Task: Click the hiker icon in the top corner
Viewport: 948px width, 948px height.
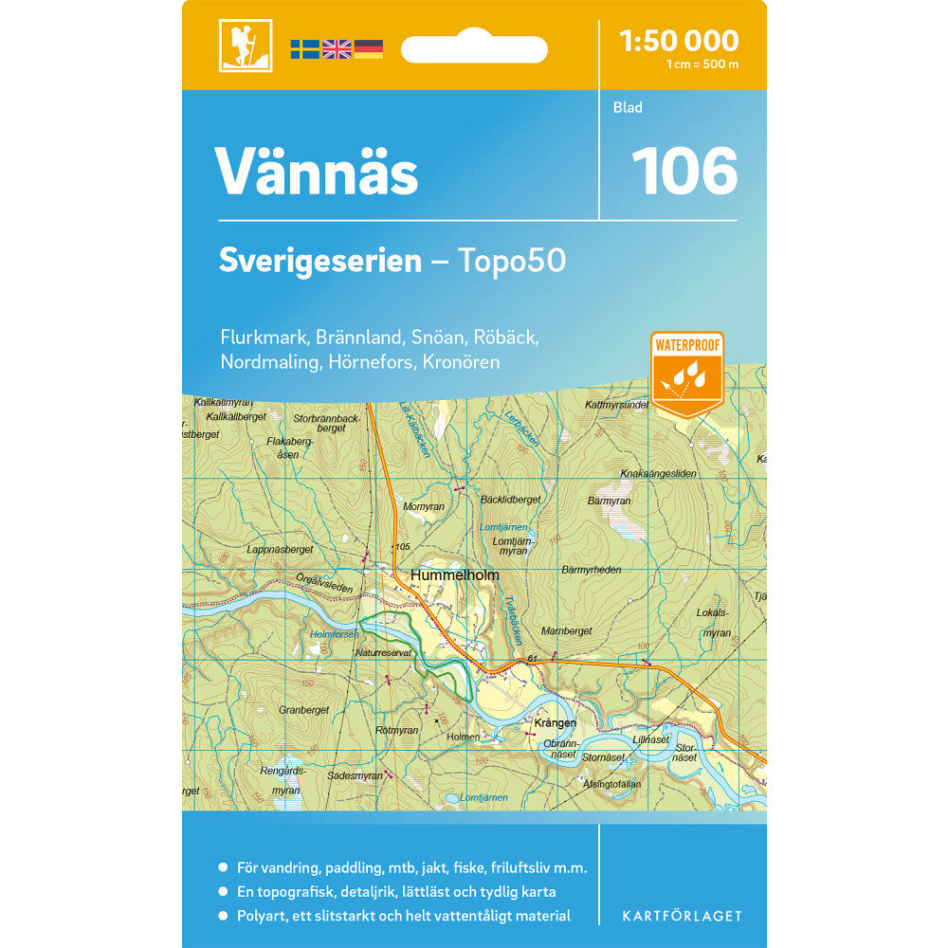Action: tap(245, 45)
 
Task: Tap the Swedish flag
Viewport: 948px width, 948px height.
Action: tap(305, 49)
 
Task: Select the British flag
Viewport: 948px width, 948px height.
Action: tap(337, 49)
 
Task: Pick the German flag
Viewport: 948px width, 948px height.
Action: tap(369, 49)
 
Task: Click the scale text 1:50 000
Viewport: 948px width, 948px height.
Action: tap(678, 41)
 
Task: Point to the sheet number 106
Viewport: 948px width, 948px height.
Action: tap(684, 171)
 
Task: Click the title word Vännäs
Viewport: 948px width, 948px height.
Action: tap(317, 172)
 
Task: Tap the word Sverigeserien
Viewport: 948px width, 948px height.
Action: tap(320, 261)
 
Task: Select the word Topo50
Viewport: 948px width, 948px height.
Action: tap(512, 261)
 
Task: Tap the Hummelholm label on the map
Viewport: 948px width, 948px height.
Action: tap(454, 575)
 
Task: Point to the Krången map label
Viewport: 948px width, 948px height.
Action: tap(556, 723)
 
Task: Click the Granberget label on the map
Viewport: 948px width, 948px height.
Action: tap(303, 709)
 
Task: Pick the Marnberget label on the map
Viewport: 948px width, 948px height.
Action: tap(566, 630)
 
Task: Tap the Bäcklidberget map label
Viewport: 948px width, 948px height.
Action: tap(510, 500)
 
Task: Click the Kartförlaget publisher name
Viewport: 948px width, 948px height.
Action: tap(683, 916)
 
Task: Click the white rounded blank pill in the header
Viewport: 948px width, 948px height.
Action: tap(474, 49)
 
